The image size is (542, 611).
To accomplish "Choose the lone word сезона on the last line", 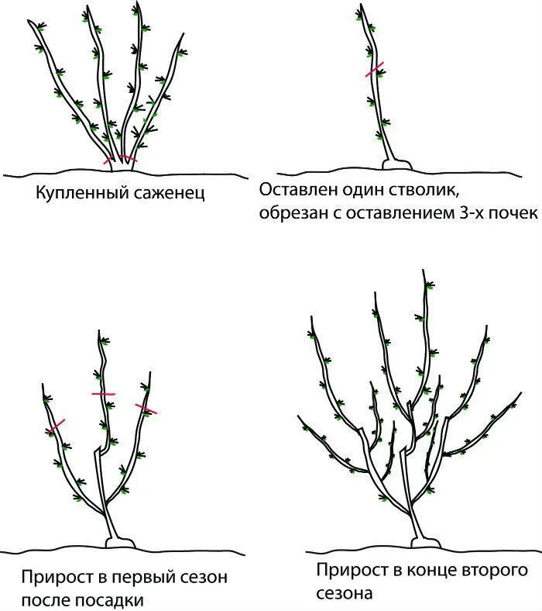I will (x=345, y=594).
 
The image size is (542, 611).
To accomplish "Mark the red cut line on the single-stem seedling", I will (x=375, y=70).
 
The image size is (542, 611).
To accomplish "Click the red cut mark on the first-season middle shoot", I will (x=103, y=394).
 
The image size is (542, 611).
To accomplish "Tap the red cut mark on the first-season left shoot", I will (x=55, y=426).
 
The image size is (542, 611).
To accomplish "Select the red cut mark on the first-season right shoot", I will (x=146, y=408).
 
